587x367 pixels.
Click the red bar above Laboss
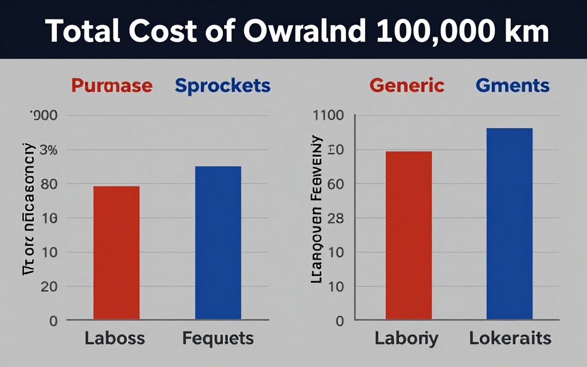coord(116,252)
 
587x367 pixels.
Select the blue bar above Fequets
coord(218,243)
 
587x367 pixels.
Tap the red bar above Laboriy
coord(408,235)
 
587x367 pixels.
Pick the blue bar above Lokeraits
coord(510,224)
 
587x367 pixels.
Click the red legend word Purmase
coord(112,86)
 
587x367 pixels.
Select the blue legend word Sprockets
coord(222,86)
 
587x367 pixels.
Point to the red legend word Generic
coord(407,86)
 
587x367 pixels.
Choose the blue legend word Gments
coord(512,86)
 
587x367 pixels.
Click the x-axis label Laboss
coord(115,338)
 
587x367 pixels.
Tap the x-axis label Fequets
coord(218,338)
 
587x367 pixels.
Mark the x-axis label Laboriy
coord(406,338)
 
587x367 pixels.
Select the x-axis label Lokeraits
coord(510,338)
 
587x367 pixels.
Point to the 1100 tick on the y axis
coord(327,115)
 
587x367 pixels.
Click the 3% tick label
coord(48,150)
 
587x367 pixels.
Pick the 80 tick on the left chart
coord(49,184)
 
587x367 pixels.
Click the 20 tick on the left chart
coord(49,287)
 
